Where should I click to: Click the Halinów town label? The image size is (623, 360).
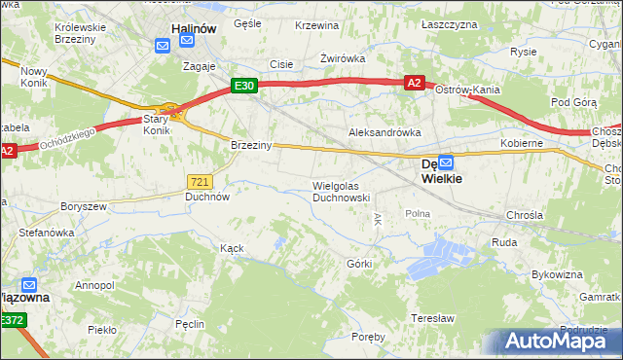click(193, 29)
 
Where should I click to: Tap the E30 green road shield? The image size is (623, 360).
click(244, 86)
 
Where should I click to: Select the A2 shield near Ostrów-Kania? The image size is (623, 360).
click(414, 84)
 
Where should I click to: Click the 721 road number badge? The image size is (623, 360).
click(200, 182)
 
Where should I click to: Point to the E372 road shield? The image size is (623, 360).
click(12, 320)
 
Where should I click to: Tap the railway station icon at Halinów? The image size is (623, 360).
click(162, 44)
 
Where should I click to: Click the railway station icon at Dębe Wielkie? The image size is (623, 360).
click(446, 163)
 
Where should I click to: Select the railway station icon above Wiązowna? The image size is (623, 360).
click(29, 285)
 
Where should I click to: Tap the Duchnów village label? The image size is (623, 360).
click(207, 196)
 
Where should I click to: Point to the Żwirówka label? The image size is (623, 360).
click(343, 58)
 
